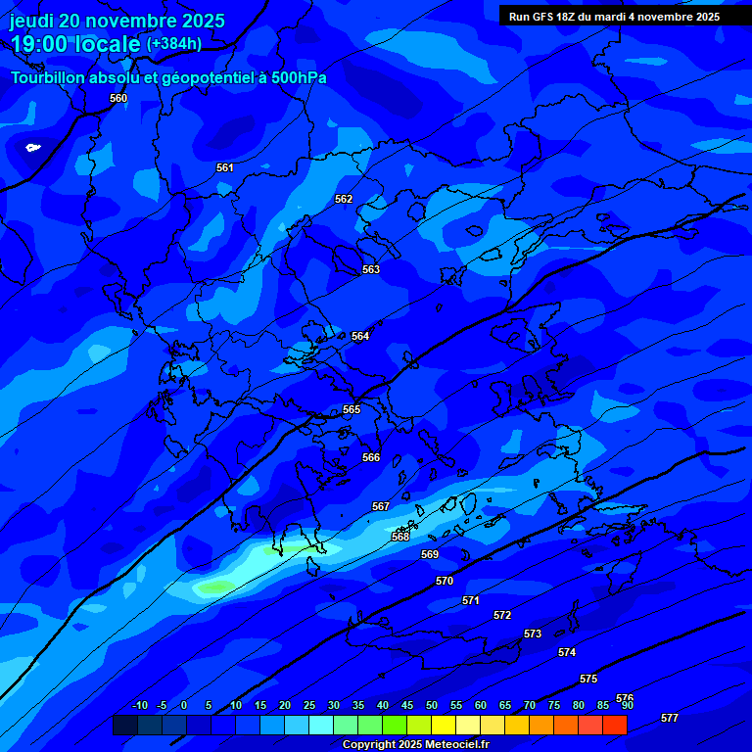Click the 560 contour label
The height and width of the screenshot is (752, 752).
pos(118,98)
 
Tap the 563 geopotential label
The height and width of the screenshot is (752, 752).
pos(371,269)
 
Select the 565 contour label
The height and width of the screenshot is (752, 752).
pos(352,409)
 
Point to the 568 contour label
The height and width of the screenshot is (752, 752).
pos(400,537)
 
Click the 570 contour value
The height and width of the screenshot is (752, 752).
pos(445,581)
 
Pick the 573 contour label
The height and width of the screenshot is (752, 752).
pos(533,634)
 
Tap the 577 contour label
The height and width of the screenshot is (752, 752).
pos(670,718)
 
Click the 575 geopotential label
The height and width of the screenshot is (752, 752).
pos(588,679)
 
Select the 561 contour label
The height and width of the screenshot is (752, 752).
pos(225,167)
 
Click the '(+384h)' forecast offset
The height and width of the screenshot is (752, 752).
pos(174,44)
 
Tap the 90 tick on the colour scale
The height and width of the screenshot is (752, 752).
pos(627,705)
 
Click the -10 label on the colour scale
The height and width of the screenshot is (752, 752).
pos(139,705)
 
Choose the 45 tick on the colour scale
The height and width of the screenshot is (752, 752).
pos(406,705)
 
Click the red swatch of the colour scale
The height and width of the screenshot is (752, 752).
pos(615,725)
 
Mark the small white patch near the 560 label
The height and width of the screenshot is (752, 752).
pos(32,148)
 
